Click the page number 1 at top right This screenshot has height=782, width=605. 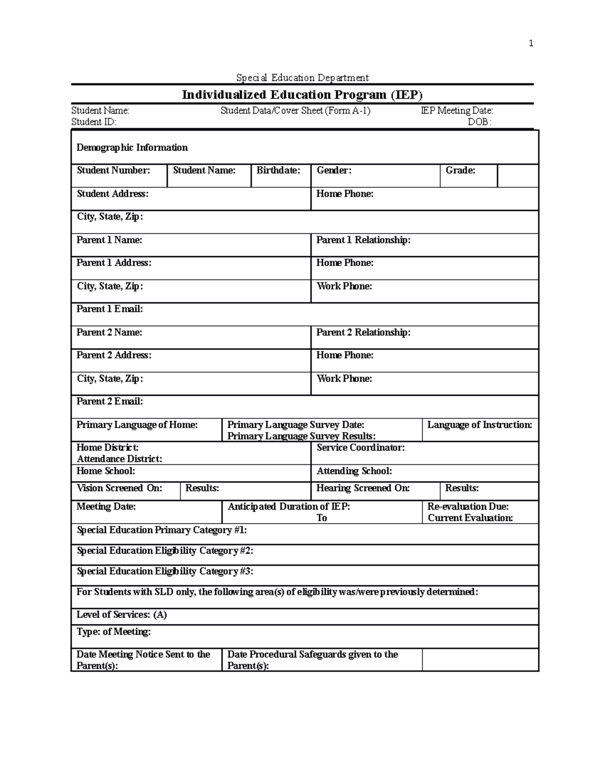click(x=530, y=43)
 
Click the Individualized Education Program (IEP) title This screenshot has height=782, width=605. click(x=302, y=95)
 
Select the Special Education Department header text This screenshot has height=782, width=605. click(x=302, y=78)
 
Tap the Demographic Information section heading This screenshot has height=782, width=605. click(x=132, y=148)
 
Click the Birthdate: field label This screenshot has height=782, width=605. click(x=278, y=170)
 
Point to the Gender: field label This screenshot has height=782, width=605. click(x=334, y=170)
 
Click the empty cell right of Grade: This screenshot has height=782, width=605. click(x=518, y=176)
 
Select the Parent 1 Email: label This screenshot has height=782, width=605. click(x=109, y=309)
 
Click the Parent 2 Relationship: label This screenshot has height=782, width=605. click(x=363, y=332)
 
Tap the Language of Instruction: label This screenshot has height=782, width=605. click(x=479, y=425)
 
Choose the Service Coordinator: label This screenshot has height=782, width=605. click(x=360, y=448)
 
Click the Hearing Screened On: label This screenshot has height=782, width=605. click(x=362, y=488)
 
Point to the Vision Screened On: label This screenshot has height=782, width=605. click(x=119, y=488)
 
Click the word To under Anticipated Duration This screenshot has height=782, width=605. click(x=322, y=518)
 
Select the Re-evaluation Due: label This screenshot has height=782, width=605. click(x=468, y=507)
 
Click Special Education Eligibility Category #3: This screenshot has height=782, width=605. click(x=165, y=571)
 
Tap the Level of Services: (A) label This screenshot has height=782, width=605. click(x=122, y=614)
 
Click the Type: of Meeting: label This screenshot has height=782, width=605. click(x=113, y=631)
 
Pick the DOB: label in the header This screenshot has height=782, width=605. click(x=479, y=122)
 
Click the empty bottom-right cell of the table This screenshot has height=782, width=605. click(x=480, y=660)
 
